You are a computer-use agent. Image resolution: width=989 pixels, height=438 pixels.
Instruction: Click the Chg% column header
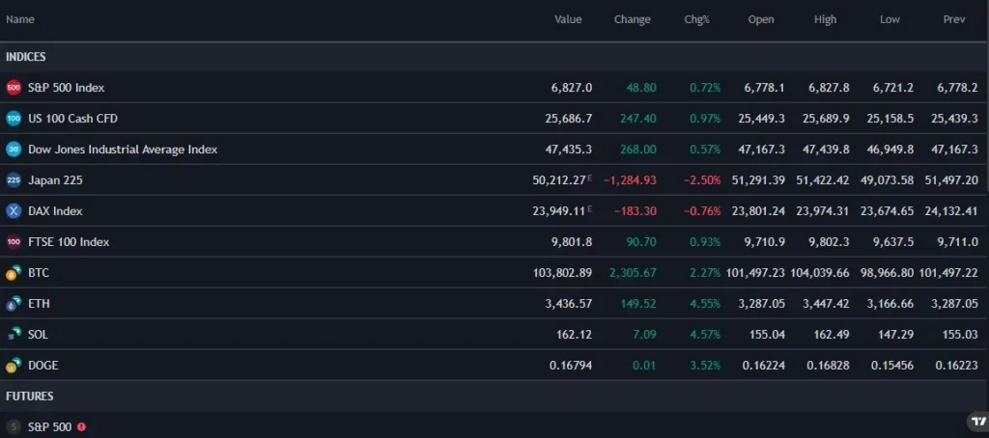pos(696,19)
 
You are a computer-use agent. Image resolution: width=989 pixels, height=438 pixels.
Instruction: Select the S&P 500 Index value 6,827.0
pos(571,88)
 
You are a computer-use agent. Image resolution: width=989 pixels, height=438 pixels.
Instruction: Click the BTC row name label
pos(39,273)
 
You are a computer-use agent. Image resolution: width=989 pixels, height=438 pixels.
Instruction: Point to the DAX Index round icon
pos(14,211)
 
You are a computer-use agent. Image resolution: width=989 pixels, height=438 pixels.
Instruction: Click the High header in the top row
pos(825,19)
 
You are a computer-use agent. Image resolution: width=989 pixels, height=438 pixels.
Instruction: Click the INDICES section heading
pos(26,57)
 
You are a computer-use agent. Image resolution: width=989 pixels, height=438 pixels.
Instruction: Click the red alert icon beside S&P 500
pos(81,426)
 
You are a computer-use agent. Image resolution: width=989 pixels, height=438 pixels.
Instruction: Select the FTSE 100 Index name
pos(69,242)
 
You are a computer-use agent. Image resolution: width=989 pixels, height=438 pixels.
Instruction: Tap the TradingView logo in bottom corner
pos(976,423)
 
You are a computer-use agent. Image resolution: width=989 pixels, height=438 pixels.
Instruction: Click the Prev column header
pos(953,19)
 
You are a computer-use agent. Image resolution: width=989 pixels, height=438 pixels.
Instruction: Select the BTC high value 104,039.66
pos(817,273)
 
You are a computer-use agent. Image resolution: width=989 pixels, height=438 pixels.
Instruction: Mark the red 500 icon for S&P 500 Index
pos(14,88)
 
